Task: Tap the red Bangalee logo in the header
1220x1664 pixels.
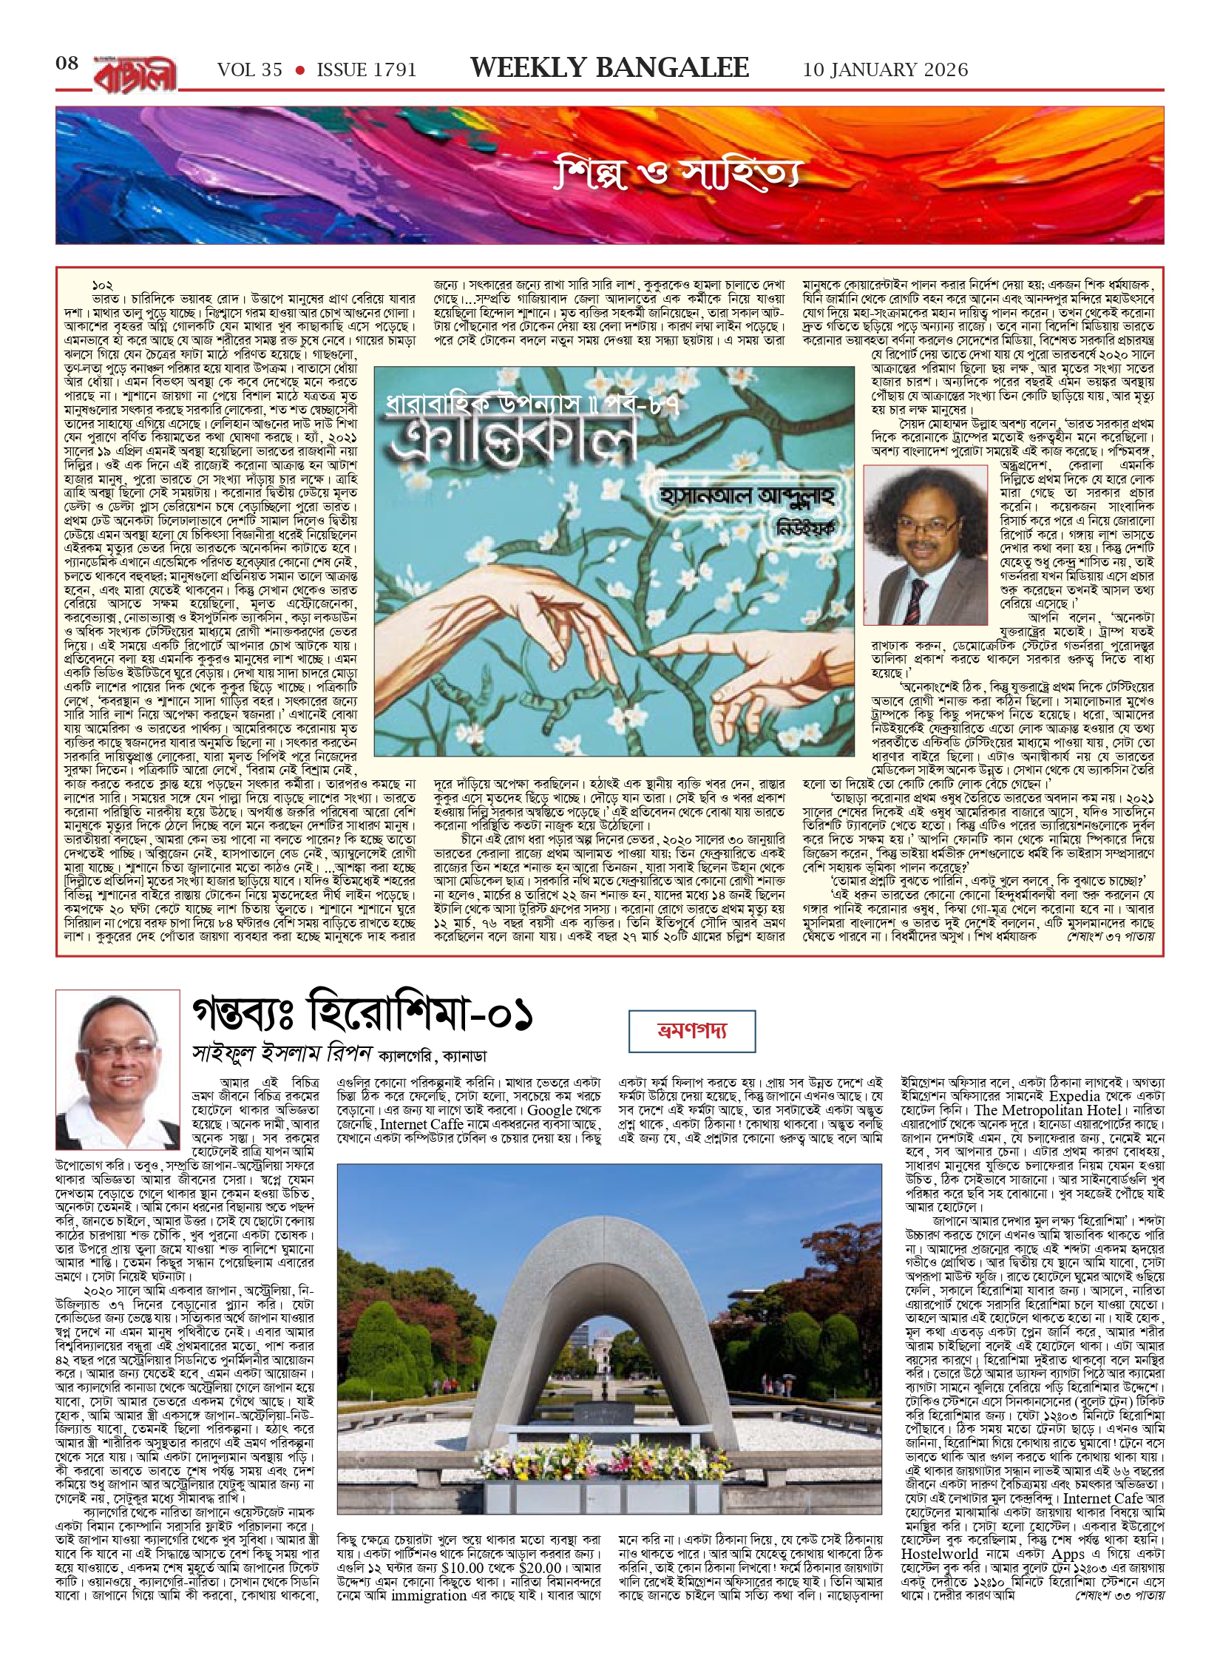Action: pyautogui.click(x=135, y=72)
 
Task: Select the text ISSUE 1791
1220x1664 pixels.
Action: pyautogui.click(x=366, y=70)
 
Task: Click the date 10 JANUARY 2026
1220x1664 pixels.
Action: pyautogui.click(x=885, y=70)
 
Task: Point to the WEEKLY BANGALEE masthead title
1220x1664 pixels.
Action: pyautogui.click(x=609, y=68)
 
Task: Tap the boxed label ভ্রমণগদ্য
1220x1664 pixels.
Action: pyautogui.click(x=692, y=1031)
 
